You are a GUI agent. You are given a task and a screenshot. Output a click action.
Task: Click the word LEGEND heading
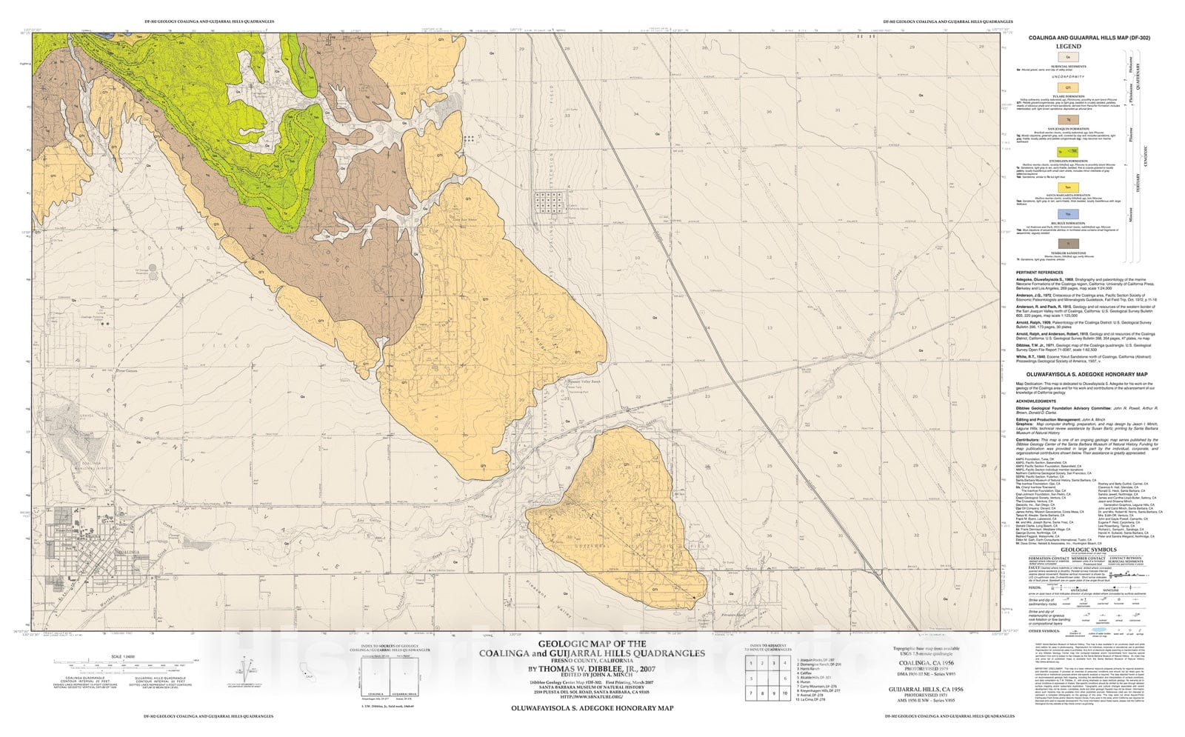[1068, 46]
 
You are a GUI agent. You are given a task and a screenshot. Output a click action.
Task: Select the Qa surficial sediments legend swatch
[1068, 56]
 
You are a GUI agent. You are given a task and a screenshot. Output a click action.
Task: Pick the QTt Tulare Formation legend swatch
[1068, 87]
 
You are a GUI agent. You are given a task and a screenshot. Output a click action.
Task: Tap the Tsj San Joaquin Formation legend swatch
[1068, 119]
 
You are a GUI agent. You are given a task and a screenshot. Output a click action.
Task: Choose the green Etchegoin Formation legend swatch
[1068, 152]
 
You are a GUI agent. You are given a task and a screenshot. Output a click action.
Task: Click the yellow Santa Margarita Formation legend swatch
[1068, 187]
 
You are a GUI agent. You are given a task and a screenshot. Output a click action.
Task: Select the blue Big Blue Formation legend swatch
[1068, 213]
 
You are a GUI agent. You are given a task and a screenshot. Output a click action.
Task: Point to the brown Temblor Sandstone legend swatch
[1068, 243]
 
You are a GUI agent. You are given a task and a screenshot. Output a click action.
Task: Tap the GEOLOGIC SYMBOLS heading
[1087, 550]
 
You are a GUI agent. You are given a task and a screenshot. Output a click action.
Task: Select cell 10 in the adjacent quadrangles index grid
[786, 693]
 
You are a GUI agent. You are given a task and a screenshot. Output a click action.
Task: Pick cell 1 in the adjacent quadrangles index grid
[752, 663]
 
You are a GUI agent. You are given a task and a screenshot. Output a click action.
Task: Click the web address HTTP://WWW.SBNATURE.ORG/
[592, 696]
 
